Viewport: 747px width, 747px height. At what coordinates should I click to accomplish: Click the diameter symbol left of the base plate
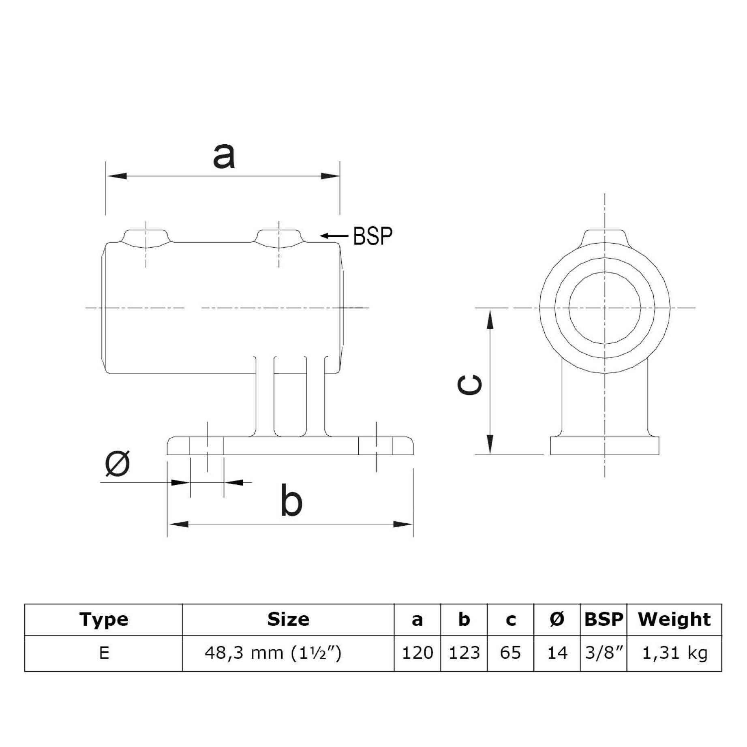(118, 463)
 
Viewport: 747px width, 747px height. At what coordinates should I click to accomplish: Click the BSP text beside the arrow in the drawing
(372, 236)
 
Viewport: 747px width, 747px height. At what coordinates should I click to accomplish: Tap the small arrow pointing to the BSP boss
(334, 235)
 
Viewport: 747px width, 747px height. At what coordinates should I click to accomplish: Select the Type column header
(104, 619)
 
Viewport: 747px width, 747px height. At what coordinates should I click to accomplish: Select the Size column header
(288, 619)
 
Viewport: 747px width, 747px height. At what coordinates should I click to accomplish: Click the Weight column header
(674, 619)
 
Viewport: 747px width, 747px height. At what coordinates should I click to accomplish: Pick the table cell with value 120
(417, 653)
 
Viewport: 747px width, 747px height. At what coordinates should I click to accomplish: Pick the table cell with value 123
(464, 653)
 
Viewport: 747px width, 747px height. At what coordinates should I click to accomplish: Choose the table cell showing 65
(510, 653)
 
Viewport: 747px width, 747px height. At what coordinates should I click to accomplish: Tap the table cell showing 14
(557, 653)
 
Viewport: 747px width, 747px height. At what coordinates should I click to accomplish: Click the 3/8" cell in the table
(604, 653)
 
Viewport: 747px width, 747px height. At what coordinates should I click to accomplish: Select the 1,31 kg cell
(674, 653)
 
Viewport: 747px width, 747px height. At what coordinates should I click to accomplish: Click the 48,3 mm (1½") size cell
(273, 653)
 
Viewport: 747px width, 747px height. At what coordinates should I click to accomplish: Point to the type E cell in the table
(104, 653)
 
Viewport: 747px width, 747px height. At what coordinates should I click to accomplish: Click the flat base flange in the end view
(604, 445)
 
